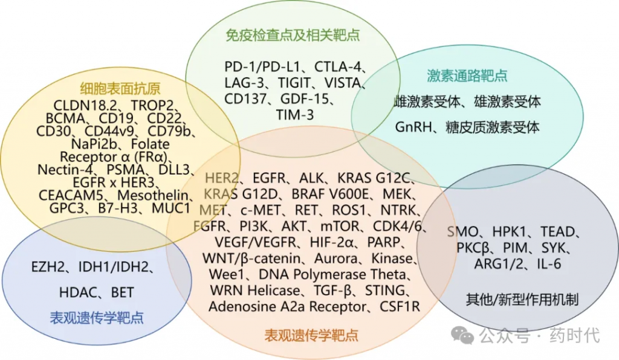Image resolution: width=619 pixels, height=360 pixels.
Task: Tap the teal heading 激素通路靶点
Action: [x=467, y=76]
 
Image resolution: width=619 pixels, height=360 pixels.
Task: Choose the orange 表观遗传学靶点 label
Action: [x=311, y=334]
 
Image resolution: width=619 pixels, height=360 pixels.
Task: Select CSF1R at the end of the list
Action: [x=400, y=306]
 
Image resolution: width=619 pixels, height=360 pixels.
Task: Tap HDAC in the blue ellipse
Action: [x=77, y=293]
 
